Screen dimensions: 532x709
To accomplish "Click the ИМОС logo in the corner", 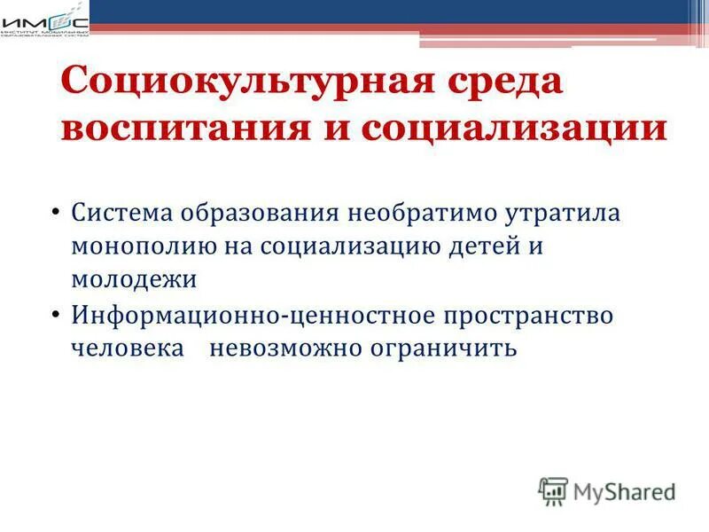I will click(44, 20).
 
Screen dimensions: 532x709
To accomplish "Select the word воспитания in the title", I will click(173, 129).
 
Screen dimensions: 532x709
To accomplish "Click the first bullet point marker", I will click(55, 214).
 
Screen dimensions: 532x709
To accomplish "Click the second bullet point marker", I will click(55, 315).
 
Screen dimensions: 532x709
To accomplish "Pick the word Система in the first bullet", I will click(123, 214).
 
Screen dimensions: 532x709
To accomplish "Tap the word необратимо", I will click(423, 214).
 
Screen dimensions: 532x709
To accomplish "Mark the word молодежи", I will click(133, 278).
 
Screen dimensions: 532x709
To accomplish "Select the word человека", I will click(129, 348).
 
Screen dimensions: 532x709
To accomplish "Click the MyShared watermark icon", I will click(553, 490).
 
